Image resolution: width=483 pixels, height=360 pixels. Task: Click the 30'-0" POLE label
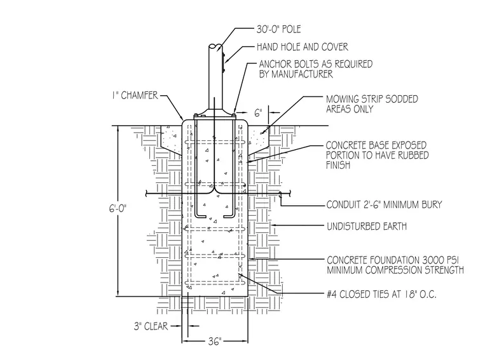click(279, 29)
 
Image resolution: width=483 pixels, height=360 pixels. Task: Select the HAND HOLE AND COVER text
click(303, 47)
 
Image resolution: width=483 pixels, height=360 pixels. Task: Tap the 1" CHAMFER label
click(135, 95)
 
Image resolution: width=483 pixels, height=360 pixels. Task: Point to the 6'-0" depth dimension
click(118, 209)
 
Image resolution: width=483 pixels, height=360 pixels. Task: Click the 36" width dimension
click(214, 341)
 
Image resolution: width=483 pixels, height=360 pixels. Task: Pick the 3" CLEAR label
click(151, 326)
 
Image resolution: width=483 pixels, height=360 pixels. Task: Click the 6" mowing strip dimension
click(258, 113)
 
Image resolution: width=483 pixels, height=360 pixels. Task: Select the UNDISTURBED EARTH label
click(367, 227)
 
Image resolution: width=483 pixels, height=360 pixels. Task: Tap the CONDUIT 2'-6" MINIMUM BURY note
click(384, 204)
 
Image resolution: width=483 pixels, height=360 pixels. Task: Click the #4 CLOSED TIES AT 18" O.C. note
click(382, 295)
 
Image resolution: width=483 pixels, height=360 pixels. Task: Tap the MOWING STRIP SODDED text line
click(372, 99)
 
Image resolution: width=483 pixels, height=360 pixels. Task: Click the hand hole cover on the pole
click(224, 62)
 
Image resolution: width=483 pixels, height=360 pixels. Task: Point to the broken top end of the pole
click(215, 47)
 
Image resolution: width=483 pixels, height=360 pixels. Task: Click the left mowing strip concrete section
click(172, 139)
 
